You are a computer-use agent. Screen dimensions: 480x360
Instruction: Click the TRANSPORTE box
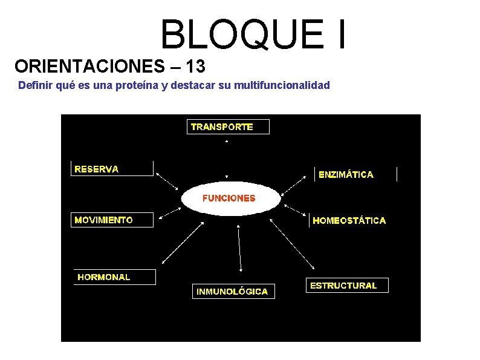point(227,126)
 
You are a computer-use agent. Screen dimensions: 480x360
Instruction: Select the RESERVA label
point(112,169)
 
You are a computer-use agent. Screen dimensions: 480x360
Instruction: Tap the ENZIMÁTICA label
point(355,174)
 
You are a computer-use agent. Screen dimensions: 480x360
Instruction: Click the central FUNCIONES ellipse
point(230,198)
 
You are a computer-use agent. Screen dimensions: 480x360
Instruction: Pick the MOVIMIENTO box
point(112,220)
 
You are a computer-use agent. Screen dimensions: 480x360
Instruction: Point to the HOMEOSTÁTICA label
point(349,221)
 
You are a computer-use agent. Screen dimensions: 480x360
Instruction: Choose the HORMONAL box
point(114,277)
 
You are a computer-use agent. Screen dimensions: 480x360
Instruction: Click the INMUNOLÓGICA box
point(232,291)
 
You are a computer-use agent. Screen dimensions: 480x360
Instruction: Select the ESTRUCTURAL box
point(346,285)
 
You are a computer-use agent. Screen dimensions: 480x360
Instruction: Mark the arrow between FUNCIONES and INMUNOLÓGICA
point(240,248)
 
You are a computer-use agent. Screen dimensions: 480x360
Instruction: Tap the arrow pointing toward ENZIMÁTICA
point(296,183)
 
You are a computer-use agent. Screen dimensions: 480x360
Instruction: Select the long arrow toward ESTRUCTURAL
point(293,244)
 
